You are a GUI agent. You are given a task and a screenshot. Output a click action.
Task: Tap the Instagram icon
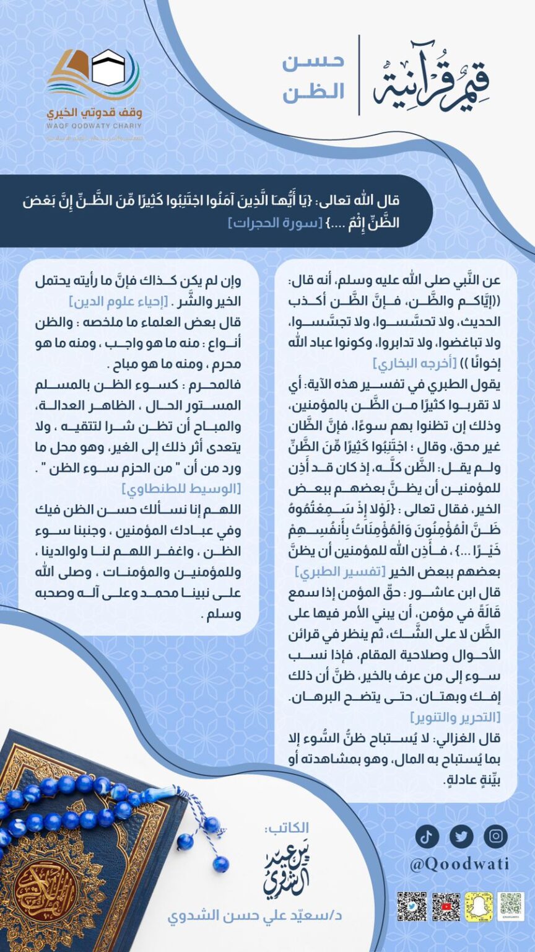[x=495, y=836]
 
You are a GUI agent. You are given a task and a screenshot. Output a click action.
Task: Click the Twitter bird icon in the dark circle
[x=461, y=836]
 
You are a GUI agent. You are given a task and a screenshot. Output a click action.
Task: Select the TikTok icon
[x=427, y=836]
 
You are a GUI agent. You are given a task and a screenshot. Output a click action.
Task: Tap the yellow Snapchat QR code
[x=479, y=906]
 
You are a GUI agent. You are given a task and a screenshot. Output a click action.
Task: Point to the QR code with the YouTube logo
[x=446, y=906]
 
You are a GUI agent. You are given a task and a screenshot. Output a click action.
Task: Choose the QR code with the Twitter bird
[x=412, y=906]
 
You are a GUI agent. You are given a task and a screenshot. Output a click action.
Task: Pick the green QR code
[x=511, y=906]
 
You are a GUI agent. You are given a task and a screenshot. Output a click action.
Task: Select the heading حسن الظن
[x=313, y=77]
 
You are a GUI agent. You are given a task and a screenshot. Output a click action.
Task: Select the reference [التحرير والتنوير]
[x=455, y=717]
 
